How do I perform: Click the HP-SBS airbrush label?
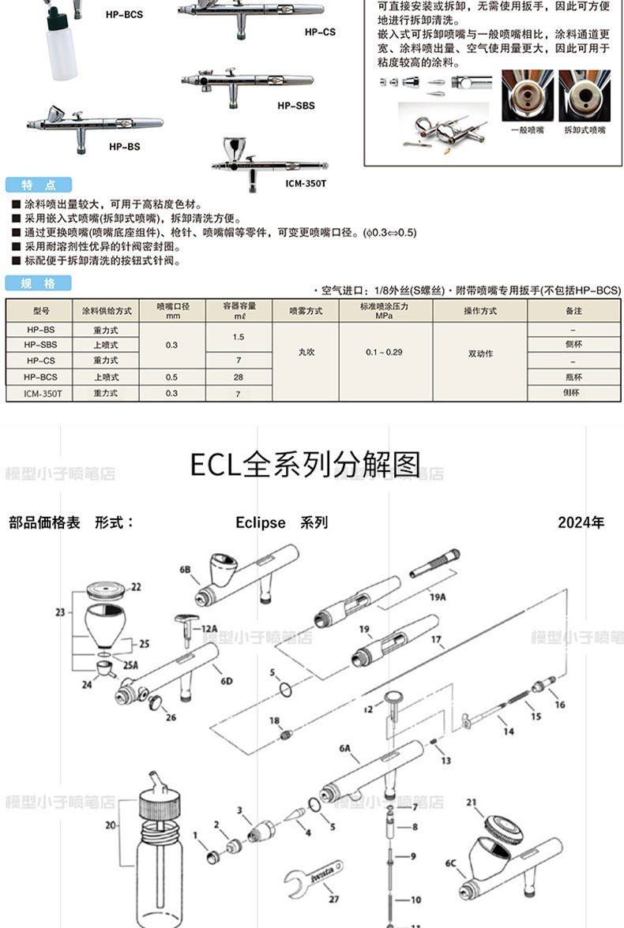click(295, 105)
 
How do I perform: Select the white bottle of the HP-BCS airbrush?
click(62, 51)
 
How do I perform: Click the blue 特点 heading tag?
click(39, 185)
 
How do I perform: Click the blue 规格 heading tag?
click(39, 283)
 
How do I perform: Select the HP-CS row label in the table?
click(39, 360)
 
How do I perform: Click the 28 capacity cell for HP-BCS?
click(238, 376)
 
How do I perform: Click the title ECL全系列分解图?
click(305, 465)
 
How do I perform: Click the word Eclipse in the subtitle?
click(261, 522)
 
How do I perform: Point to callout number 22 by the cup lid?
click(136, 587)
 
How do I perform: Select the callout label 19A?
click(438, 597)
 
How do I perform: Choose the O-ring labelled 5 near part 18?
click(287, 691)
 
